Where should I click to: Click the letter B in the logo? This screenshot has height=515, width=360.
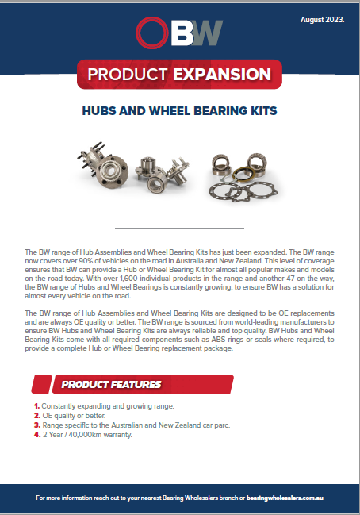pos(183,33)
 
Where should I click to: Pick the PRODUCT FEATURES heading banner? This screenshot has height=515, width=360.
pos(111,385)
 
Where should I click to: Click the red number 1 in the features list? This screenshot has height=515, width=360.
pos(36,406)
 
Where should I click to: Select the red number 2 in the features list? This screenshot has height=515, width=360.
pos(36,416)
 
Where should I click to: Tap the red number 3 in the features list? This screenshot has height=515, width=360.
pos(36,425)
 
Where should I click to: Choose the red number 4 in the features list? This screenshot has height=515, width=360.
pos(36,435)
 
